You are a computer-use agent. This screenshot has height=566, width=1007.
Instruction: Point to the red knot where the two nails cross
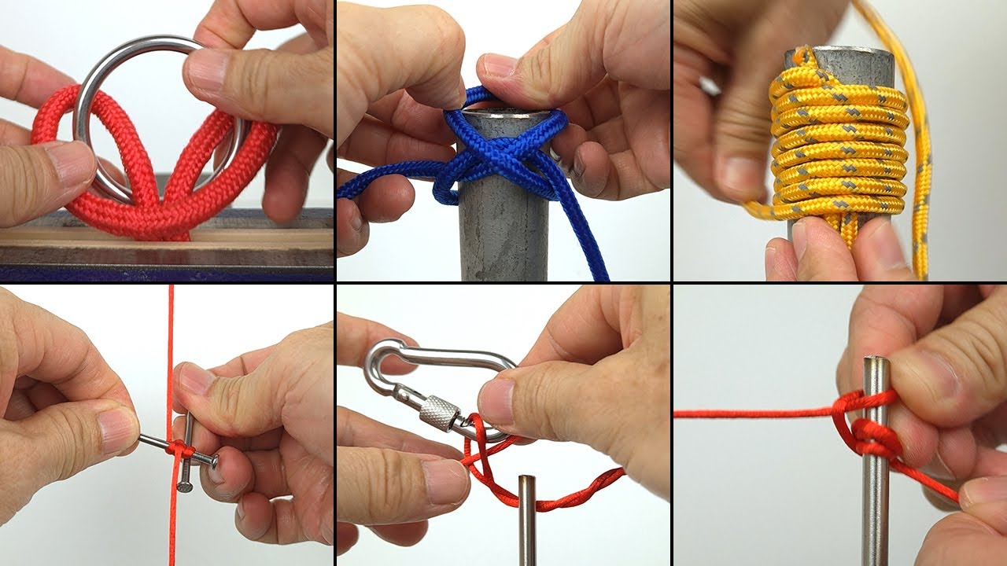pyautogui.click(x=179, y=451)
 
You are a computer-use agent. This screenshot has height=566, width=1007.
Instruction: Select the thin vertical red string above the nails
pyautogui.click(x=170, y=354)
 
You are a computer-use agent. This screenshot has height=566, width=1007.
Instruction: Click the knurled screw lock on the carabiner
pyautogui.click(x=441, y=413)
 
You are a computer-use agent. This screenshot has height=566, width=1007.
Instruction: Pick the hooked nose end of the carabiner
pyautogui.click(x=382, y=354)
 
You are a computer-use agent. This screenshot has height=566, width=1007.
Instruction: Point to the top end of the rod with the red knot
pyautogui.click(x=875, y=363)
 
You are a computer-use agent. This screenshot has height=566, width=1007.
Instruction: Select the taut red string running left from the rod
pyautogui.click(x=747, y=413)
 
